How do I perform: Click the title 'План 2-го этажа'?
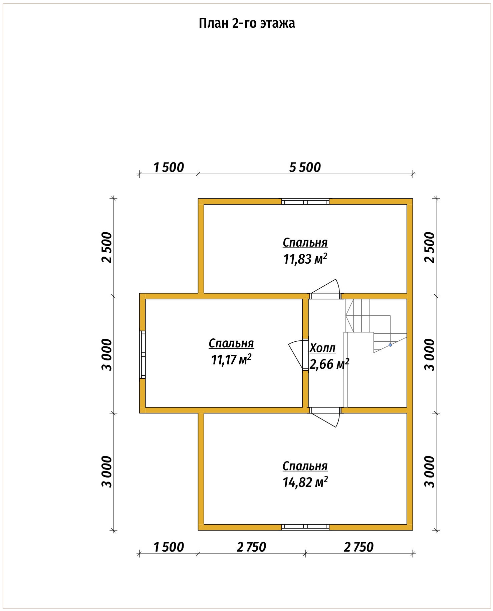pos(247,24)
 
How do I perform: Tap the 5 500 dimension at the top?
pos(305,167)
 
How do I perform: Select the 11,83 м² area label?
pos(305,259)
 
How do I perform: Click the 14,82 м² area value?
pos(305,482)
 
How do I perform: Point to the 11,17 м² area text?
pos(231,360)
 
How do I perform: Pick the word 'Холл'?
pos(323,348)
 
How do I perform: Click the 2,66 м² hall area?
pos(329,364)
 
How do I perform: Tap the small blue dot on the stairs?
pos(390,345)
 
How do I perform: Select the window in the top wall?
pos(305,202)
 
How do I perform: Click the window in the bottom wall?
pos(305,527)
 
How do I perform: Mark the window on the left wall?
pos(143,354)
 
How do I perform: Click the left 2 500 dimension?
pos(107,247)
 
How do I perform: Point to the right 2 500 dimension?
pos(430,247)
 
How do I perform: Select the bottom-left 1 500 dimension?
pos(169,547)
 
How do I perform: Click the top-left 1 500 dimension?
pos(169,167)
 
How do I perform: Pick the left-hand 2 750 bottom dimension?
pos(251,547)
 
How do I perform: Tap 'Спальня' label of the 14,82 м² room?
pos(305,466)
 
